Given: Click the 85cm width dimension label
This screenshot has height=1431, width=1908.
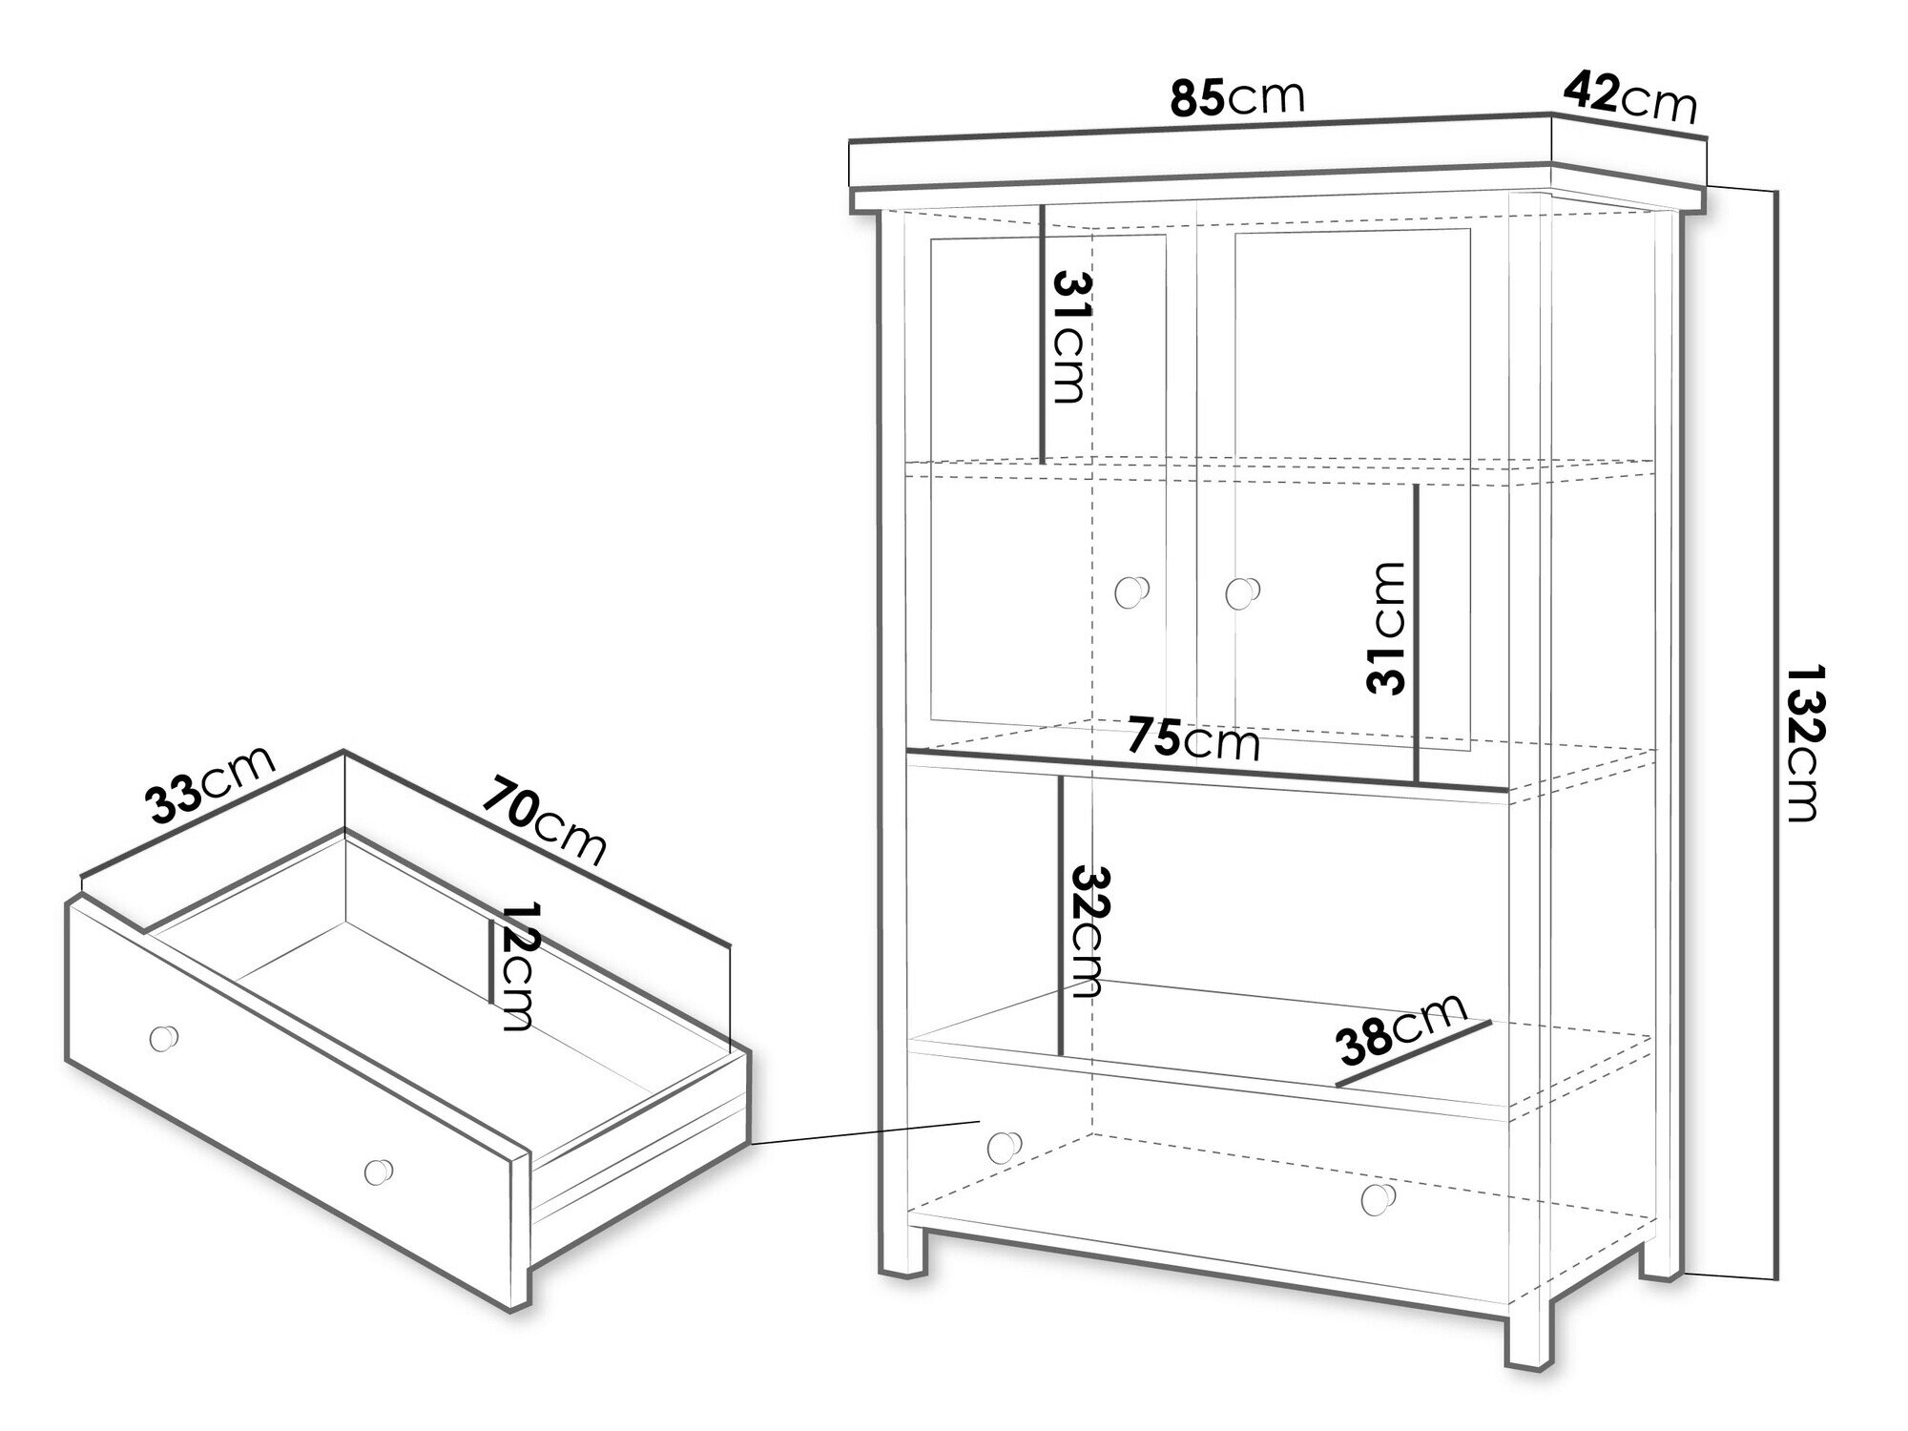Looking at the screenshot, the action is (1236, 98).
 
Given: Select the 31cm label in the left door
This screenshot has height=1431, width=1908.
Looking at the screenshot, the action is (1069, 336).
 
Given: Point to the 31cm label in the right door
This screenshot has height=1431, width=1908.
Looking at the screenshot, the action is (1385, 628).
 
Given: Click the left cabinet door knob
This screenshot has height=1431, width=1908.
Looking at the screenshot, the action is (1131, 591).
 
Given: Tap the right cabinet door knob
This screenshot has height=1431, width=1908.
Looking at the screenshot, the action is (1240, 592).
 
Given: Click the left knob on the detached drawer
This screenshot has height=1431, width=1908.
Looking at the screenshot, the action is (165, 1038).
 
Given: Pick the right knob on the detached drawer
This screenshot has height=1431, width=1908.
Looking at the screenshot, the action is (379, 1172).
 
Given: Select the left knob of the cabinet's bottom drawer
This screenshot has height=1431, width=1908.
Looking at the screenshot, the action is (1005, 1146).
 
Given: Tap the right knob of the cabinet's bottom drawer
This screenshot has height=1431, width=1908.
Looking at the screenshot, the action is (1378, 1199).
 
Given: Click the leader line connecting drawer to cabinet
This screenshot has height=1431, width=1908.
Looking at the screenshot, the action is (865, 1132).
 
